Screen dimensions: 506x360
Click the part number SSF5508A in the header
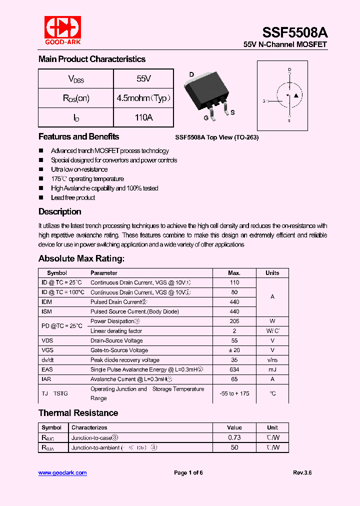295,32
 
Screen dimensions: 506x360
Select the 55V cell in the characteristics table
143,79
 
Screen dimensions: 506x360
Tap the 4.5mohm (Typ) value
143,98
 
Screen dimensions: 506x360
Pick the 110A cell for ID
143,117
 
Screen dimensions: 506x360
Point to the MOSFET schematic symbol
289,95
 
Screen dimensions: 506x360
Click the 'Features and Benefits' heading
78,137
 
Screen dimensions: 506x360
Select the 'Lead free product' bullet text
73,197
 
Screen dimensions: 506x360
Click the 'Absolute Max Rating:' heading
81,258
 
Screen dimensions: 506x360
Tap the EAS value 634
234,369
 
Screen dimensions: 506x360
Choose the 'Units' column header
272,273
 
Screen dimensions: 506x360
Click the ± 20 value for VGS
234,350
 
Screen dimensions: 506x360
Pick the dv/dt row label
48,360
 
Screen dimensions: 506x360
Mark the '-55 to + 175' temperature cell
234,393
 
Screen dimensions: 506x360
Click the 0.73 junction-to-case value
234,437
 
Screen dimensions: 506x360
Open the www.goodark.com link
62,472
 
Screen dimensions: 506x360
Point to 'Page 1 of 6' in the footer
188,472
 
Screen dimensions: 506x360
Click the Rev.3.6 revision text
302,472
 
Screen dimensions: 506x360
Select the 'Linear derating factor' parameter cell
116,331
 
